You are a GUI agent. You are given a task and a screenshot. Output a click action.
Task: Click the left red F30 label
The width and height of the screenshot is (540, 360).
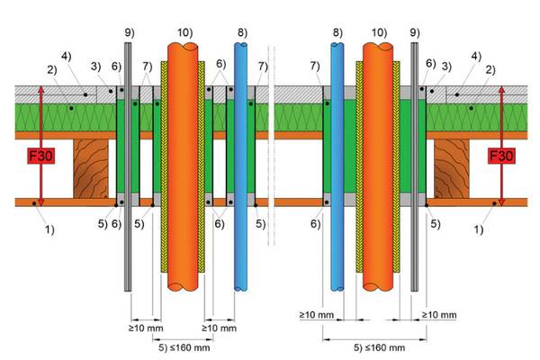(x=41, y=156)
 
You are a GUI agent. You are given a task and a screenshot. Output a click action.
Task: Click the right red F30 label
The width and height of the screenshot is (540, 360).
(x=501, y=156)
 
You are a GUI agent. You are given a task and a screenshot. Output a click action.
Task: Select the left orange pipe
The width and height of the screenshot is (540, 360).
(x=183, y=167)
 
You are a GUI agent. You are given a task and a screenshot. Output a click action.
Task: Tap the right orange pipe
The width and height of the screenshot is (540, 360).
(x=378, y=167)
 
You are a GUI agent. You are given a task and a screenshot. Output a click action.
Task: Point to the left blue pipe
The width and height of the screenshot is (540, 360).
(x=240, y=167)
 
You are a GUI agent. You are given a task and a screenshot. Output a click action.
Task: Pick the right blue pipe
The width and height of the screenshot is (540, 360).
(x=337, y=167)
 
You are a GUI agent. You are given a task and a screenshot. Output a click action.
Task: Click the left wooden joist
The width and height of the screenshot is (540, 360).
(x=91, y=168)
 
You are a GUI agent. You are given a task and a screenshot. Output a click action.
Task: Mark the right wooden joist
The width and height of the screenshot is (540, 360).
(x=452, y=168)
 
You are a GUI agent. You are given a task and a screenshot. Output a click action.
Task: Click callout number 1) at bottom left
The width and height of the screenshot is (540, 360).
(x=50, y=229)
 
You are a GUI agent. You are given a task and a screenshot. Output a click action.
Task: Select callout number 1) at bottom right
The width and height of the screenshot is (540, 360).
(x=479, y=229)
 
